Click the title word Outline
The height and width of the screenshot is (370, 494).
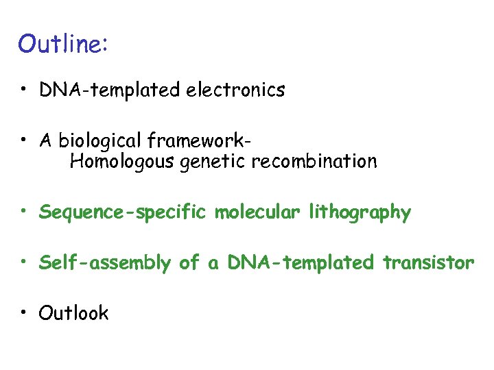tap(60, 44)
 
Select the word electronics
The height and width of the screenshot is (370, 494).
tap(235, 90)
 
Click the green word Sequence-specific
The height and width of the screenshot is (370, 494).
tap(123, 213)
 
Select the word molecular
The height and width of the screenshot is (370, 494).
tap(258, 212)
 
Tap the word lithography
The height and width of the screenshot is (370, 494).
tap(360, 213)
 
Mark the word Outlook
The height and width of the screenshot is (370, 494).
tap(73, 313)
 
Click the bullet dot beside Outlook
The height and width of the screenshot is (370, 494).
tap(23, 313)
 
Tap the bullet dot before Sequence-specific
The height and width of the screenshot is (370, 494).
tap(23, 212)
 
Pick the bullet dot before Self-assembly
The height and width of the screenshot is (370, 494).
tap(23, 262)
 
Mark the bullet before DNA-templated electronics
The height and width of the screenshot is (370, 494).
tap(23, 89)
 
